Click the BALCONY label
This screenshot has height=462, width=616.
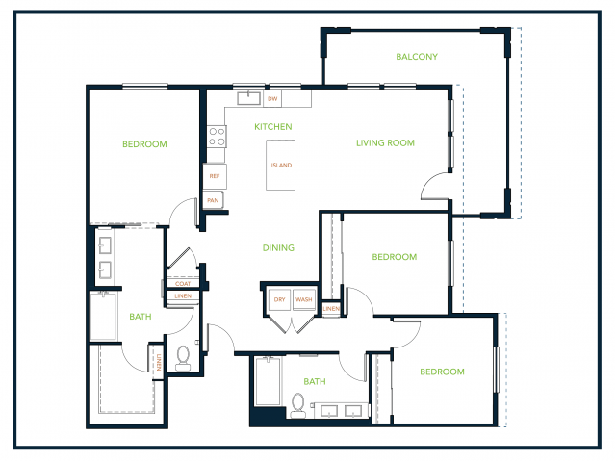[417, 57]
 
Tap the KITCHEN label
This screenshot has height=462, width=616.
[273, 126]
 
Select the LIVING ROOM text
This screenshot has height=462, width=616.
[385, 143]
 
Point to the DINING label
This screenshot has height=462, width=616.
[278, 248]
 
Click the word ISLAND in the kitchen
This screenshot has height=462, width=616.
[281, 165]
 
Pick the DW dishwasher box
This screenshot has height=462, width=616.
[272, 98]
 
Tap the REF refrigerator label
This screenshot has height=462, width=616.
[215, 176]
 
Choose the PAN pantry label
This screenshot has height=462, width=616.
[213, 200]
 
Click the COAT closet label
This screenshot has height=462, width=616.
[183, 284]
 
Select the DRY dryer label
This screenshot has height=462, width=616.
[280, 299]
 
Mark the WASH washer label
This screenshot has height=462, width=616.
[304, 299]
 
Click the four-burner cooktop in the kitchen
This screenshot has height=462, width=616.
[217, 137]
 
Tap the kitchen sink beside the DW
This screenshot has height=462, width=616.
[248, 98]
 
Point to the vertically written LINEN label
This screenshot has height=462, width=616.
[158, 363]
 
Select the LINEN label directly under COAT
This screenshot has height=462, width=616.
[183, 295]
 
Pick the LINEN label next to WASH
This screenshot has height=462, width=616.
[331, 308]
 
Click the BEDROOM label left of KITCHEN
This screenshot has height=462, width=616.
[144, 144]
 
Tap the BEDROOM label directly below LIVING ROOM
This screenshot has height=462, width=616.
[395, 257]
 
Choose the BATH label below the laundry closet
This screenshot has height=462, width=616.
[315, 381]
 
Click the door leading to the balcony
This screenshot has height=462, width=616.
[435, 186]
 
